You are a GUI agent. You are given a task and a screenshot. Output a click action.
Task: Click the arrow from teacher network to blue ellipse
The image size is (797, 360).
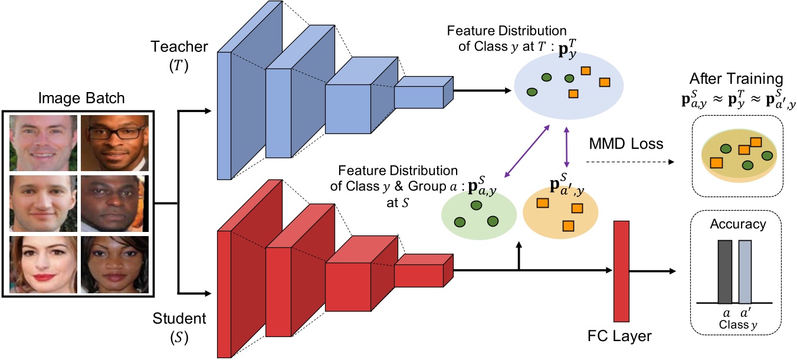point(481,91)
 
